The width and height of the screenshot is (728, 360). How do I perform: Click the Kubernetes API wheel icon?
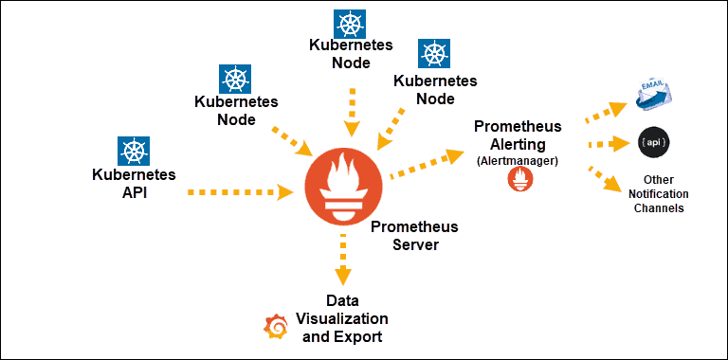pos(134,151)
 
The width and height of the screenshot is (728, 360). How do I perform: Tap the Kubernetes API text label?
pos(134,183)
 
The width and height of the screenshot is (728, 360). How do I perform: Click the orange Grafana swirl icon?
pos(277,326)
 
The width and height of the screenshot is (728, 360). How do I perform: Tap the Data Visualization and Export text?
pos(342,319)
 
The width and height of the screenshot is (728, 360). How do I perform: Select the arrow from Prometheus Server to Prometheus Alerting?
pos(426,163)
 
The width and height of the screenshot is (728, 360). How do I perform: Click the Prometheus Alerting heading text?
pos(518,135)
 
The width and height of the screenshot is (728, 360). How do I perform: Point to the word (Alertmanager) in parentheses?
pos(518,160)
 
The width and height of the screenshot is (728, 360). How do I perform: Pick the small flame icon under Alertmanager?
pos(518,179)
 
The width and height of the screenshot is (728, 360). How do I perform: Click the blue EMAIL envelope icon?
pos(653,93)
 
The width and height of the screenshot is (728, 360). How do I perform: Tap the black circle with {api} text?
pos(653,142)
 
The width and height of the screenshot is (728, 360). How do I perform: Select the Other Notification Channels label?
pos(658,193)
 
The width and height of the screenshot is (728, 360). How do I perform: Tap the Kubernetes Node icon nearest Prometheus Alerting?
pos(434,53)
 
